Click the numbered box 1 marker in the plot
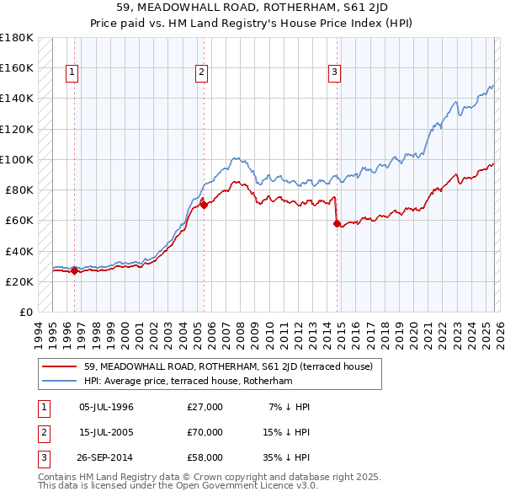point(72,73)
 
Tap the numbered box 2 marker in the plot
point(202,73)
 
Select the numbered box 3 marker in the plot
point(334,73)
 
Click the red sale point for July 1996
point(74,270)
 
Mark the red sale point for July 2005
point(204,205)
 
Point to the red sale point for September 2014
point(337,223)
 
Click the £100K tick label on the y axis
point(16,159)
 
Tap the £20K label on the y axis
point(19,281)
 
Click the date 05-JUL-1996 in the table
point(106,407)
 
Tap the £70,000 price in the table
point(205,432)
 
